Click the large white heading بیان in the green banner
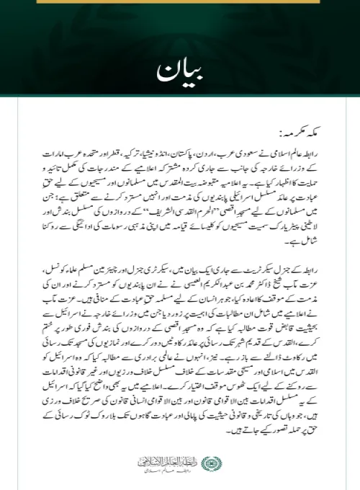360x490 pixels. (x=177, y=73)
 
